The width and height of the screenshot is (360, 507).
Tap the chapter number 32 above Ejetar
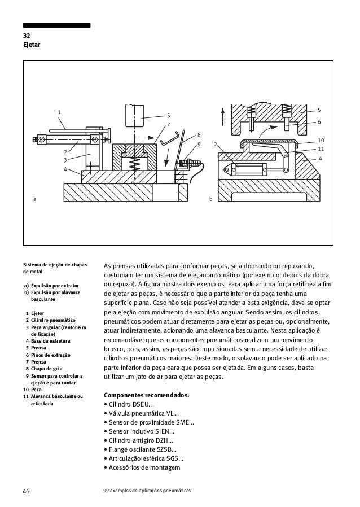pos(27,35)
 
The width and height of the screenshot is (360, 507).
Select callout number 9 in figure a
pos(199,145)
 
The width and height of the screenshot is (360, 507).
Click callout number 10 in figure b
pos(321,139)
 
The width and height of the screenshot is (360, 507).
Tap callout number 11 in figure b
pos(321,148)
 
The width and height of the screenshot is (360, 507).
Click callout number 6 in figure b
pos(319,122)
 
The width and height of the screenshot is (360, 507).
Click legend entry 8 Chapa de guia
pos(50,368)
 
